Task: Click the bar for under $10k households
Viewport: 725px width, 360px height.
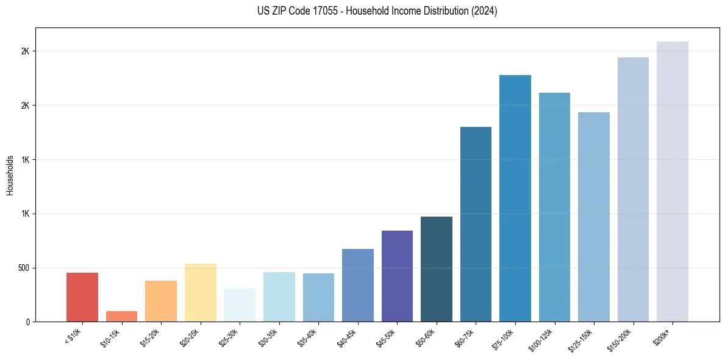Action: (82, 297)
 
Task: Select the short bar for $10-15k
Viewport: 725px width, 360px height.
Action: (121, 316)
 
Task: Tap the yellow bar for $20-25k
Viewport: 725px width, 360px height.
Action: (200, 292)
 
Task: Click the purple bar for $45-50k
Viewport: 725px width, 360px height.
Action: (397, 276)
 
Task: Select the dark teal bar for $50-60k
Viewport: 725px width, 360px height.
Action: (437, 269)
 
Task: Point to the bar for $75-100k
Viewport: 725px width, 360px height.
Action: (515, 198)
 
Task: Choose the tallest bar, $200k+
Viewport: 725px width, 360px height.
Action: (673, 181)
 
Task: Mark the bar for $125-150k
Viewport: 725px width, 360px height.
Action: (594, 217)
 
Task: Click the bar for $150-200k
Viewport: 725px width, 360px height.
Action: (633, 189)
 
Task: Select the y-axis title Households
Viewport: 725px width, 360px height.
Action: (10, 175)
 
